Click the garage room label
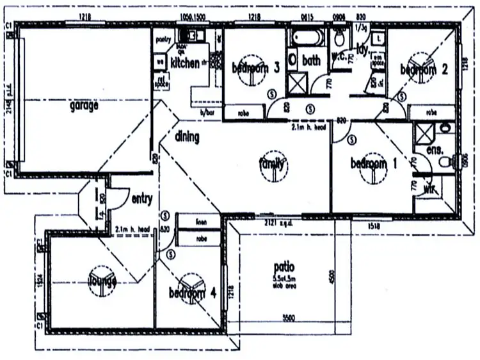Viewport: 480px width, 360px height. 84,106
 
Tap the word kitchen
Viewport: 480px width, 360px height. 185,63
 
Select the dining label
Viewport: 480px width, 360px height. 187,136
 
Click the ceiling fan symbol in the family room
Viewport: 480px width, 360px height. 271,165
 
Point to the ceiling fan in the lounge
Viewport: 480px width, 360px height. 102,281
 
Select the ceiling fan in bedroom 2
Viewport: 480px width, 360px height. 422,69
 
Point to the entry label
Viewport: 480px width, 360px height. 141,199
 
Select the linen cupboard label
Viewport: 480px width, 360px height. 201,222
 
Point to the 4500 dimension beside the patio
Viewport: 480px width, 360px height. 331,275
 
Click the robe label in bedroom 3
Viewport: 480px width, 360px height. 243,113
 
